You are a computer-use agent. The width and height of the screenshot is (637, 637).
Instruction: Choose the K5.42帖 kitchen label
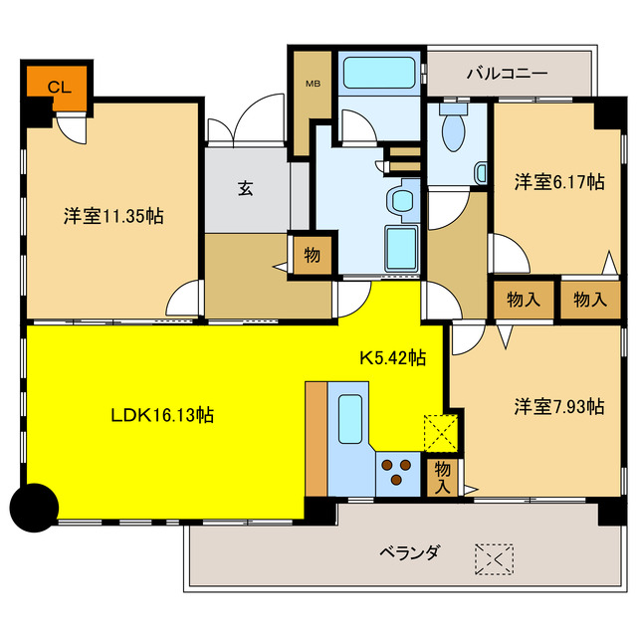(x=393, y=356)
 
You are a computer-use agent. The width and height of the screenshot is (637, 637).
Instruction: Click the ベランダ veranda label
(x=409, y=552)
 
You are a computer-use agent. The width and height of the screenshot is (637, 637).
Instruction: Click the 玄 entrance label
(x=245, y=187)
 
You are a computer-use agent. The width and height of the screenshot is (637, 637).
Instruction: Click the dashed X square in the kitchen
(x=439, y=431)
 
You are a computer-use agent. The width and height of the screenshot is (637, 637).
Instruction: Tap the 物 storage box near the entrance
(x=312, y=255)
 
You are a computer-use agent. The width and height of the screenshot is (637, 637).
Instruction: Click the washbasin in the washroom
(x=404, y=200)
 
